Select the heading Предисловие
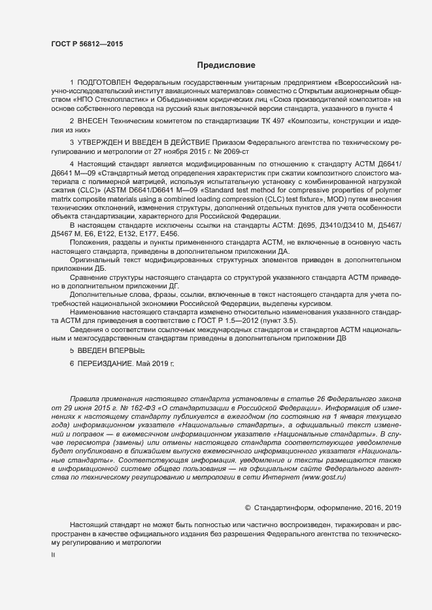[226, 65]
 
